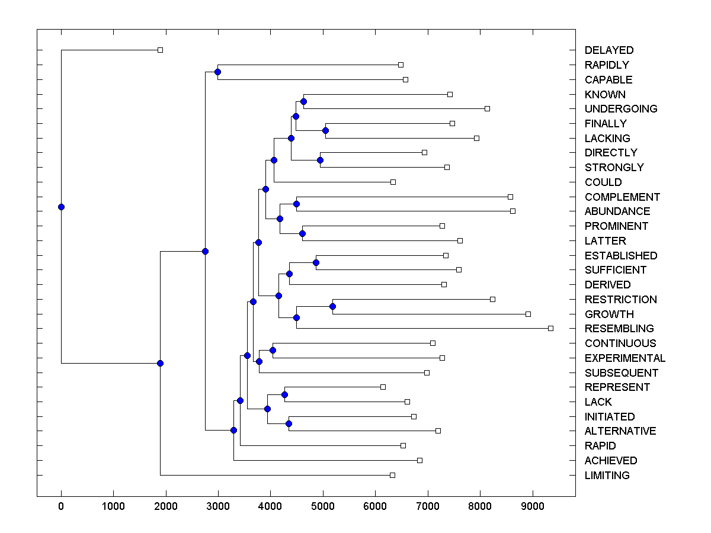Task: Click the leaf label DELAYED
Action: pyautogui.click(x=608, y=50)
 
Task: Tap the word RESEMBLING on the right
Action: pyautogui.click(x=619, y=329)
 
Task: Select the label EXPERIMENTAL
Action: pyautogui.click(x=624, y=358)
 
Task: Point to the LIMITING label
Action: pyautogui.click(x=607, y=476)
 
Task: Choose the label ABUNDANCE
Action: pyautogui.click(x=617, y=211)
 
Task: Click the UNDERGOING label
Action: pyautogui.click(x=620, y=109)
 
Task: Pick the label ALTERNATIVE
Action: pyautogui.click(x=620, y=431)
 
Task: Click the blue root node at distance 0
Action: pyautogui.click(x=61, y=207)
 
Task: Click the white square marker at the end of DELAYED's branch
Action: pyautogui.click(x=160, y=50)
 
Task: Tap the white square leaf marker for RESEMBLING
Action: pyautogui.click(x=550, y=328)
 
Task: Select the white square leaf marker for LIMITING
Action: pyautogui.click(x=392, y=475)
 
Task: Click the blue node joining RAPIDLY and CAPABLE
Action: pyautogui.click(x=217, y=72)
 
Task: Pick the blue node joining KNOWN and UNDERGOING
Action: pyautogui.click(x=304, y=101)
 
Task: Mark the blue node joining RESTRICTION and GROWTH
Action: pyautogui.click(x=332, y=306)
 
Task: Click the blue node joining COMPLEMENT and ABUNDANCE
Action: pyautogui.click(x=296, y=204)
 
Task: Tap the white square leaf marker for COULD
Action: pyautogui.click(x=393, y=182)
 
